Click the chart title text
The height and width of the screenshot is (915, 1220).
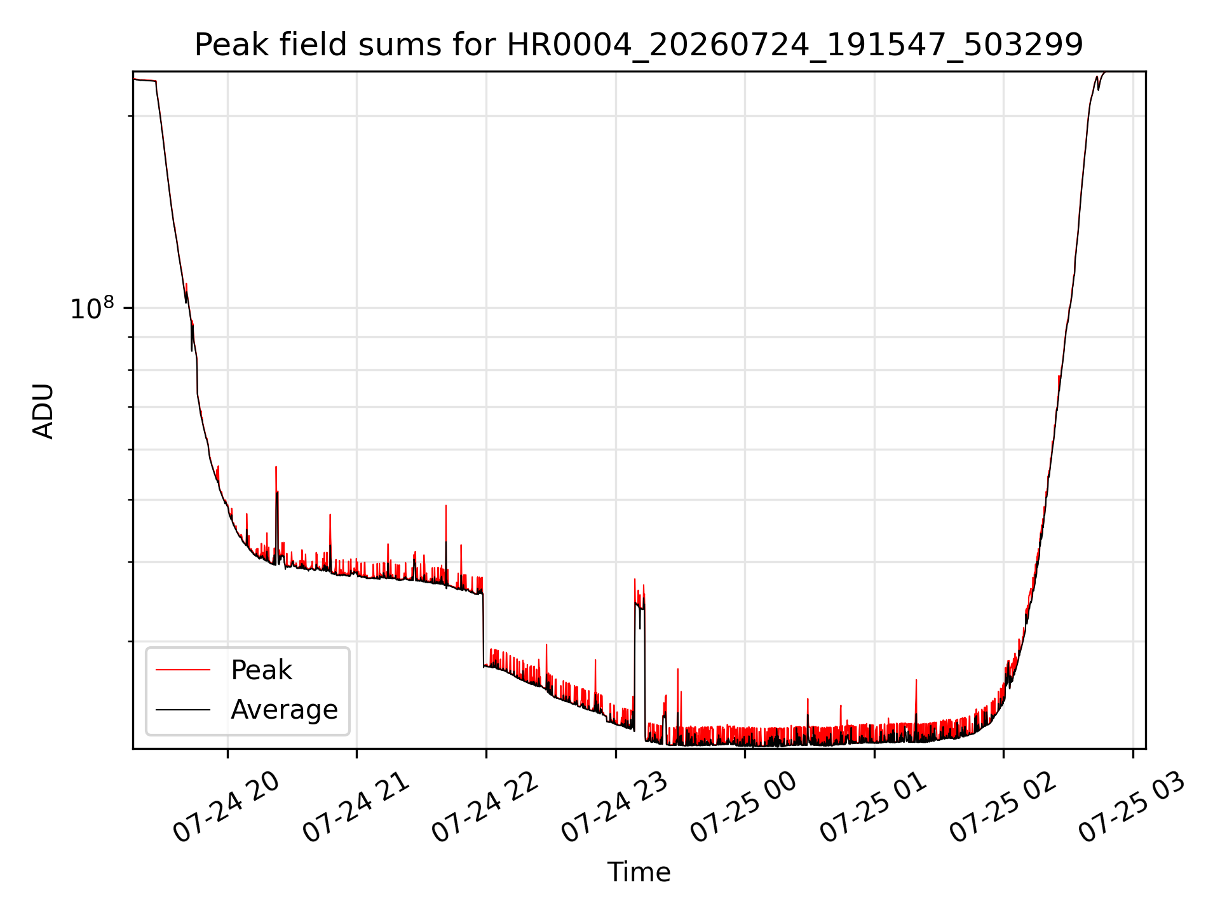point(639,45)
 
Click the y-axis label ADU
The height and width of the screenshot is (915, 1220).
point(43,410)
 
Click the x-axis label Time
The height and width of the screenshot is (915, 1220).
point(639,872)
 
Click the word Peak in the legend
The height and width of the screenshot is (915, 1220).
point(261,670)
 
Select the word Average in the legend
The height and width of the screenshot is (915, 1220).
point(284,709)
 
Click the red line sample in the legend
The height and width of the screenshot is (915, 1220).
point(183,670)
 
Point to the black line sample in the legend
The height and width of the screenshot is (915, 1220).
point(183,709)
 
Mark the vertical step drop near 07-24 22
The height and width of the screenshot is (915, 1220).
point(484,629)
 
